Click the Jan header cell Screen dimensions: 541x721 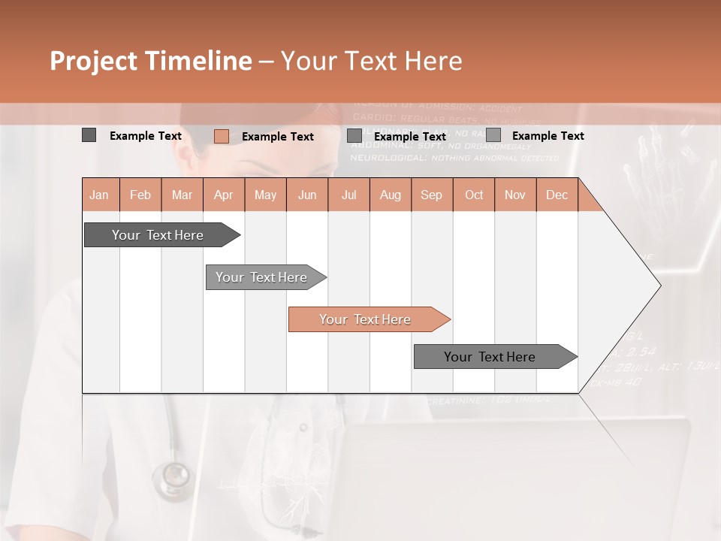point(100,195)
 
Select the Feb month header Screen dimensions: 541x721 point(140,195)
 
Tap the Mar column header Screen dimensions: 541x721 point(182,195)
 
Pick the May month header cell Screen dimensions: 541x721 point(265,195)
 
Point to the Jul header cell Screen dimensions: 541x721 point(348,195)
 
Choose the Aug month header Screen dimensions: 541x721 point(391,195)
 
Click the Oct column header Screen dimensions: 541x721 point(474,195)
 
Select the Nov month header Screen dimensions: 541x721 point(515,195)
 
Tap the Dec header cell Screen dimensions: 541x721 point(557,195)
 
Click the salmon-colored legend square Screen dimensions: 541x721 point(221,136)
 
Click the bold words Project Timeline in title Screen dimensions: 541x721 point(151,61)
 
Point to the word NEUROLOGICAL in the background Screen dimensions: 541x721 point(389,158)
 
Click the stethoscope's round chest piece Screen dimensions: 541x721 point(172,476)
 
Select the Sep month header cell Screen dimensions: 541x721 point(432,195)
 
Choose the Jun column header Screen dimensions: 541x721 point(307,195)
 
